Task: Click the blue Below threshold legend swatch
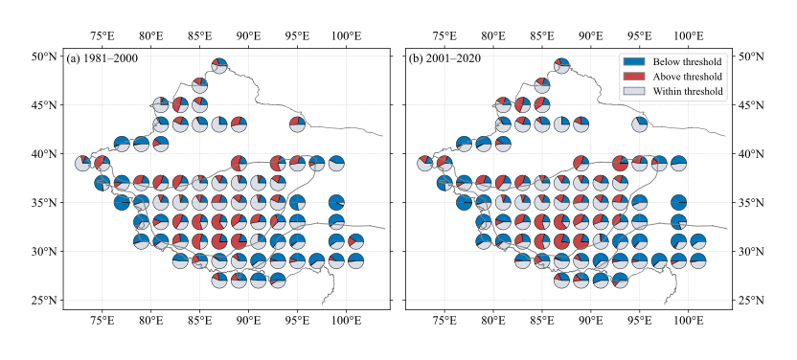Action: [634, 61]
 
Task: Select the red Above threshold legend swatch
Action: [634, 77]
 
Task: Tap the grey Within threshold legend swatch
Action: [634, 91]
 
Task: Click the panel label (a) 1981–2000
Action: [102, 59]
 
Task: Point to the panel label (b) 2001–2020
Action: [444, 59]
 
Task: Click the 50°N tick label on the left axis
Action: [45, 56]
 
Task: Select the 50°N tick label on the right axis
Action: [752, 56]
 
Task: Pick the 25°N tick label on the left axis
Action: [45, 300]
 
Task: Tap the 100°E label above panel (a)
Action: [346, 36]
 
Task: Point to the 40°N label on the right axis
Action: [752, 154]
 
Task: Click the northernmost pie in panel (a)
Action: [219, 66]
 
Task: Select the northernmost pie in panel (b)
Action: [561, 66]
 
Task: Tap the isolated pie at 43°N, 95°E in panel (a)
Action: [297, 124]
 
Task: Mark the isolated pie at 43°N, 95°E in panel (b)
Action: [640, 124]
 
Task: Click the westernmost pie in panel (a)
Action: [82, 164]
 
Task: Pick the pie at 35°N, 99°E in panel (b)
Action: [678, 203]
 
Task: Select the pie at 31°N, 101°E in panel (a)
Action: [355, 241]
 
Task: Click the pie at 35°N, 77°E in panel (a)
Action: [122, 203]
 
